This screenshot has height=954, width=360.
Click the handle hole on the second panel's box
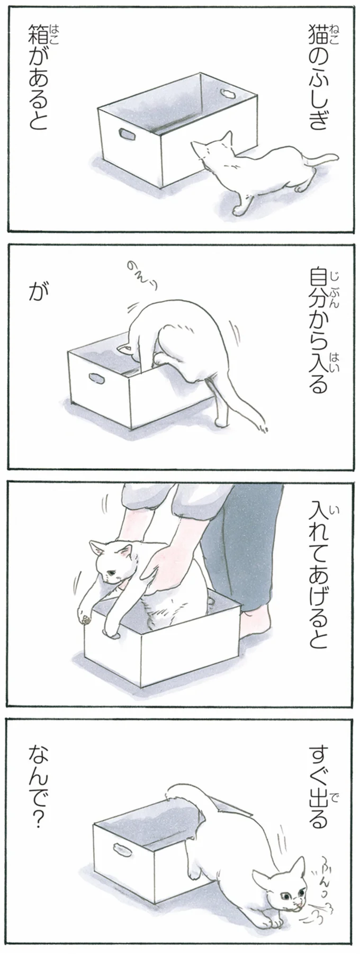coord(96,379)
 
